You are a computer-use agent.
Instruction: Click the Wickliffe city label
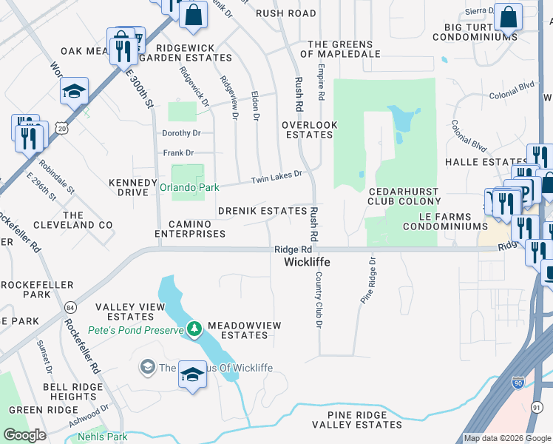tap(307, 263)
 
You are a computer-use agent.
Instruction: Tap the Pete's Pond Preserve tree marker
tap(194, 329)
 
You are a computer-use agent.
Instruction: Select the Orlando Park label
tap(189, 188)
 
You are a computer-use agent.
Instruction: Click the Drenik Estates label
tap(262, 211)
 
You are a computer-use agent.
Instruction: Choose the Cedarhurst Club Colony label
tap(404, 196)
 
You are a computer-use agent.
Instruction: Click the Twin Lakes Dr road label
tap(276, 175)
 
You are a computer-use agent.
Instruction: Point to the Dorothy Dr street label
tap(181, 133)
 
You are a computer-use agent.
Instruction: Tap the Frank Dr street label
tap(178, 153)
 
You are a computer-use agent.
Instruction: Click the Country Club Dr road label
tap(319, 299)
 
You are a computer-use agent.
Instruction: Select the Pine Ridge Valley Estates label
tap(357, 420)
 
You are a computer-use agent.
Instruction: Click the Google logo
tap(24, 435)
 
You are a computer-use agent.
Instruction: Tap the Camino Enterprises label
tap(190, 229)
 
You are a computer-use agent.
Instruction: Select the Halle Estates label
tap(485, 162)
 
